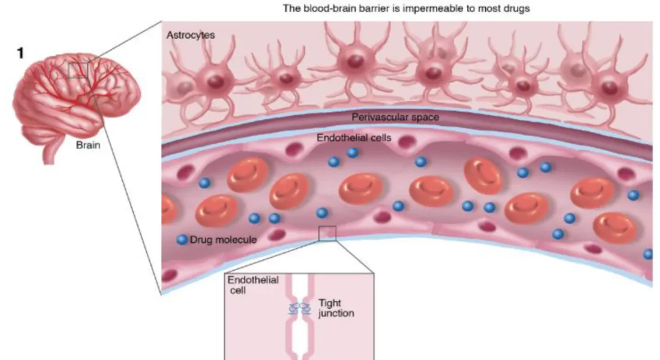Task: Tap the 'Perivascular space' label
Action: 395,117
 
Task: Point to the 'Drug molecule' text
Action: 223,240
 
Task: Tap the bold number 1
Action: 20,53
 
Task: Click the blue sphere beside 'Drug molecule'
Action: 182,239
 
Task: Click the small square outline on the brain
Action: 78,70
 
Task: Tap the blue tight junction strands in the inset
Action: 300,309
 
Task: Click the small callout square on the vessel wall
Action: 327,233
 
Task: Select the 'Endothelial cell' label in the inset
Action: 253,284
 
